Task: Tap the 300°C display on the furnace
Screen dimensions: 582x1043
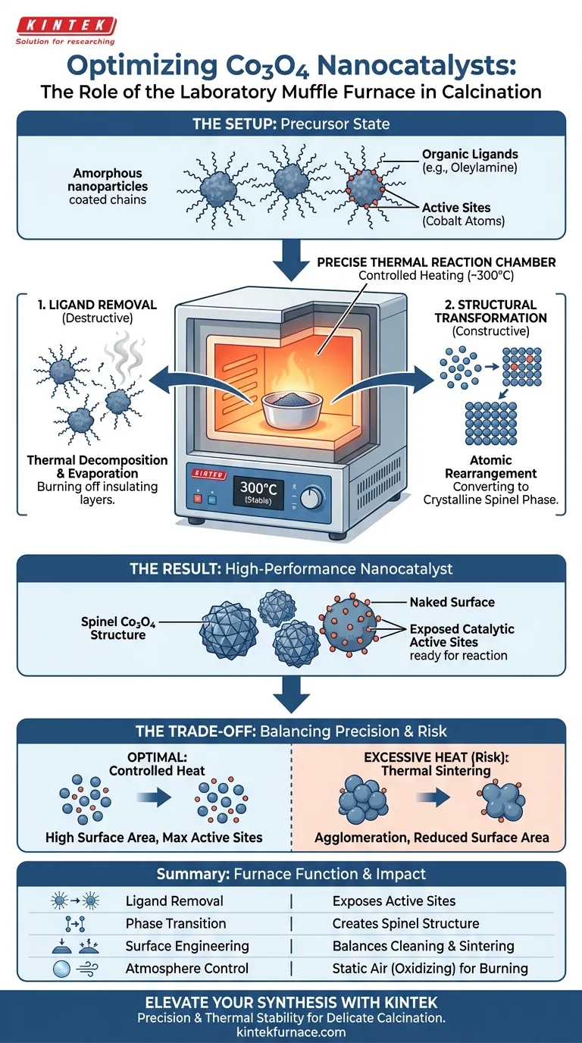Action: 258,493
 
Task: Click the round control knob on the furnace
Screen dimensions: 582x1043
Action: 311,498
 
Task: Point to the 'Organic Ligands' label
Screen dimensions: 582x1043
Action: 470,154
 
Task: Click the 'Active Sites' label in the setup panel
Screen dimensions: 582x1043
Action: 456,208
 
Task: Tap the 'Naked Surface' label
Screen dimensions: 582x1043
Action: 452,602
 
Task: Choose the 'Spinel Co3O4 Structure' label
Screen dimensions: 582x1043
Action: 117,628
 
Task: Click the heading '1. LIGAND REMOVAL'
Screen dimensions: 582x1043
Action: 97,305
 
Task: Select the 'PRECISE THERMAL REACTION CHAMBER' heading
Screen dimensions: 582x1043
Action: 436,262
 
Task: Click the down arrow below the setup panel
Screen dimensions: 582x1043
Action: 292,260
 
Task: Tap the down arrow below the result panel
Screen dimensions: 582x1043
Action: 292,695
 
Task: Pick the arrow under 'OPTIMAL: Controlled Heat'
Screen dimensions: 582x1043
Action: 154,797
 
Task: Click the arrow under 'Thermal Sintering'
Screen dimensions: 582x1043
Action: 433,797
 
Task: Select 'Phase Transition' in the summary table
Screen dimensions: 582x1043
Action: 176,923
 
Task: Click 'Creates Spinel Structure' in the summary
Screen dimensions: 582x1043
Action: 405,923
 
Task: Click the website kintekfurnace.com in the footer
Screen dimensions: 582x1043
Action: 291,1032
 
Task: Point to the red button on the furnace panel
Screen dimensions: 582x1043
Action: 198,500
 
